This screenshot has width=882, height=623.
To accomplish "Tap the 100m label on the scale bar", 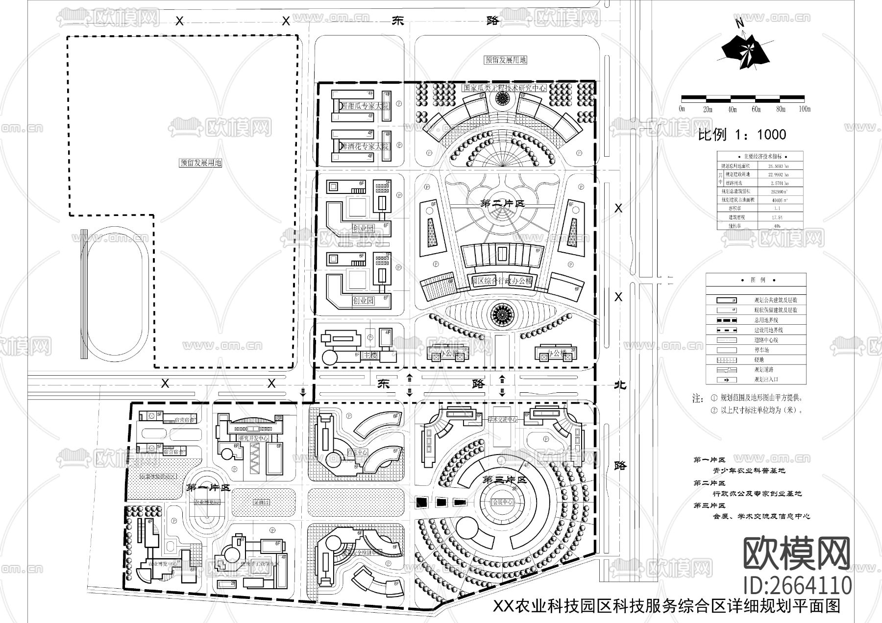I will (804, 109).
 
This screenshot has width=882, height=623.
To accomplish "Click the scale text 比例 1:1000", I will (742, 135).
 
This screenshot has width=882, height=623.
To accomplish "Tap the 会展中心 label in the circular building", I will (502, 503).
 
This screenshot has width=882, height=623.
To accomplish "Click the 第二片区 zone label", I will (503, 204).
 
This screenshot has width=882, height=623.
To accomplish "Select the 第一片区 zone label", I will (208, 488).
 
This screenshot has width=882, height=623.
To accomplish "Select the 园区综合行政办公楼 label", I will (502, 281).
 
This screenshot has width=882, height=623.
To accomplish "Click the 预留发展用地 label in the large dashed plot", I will (201, 163).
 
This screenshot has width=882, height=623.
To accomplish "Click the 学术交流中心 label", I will (502, 420).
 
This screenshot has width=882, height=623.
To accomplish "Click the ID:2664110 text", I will (797, 585).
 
